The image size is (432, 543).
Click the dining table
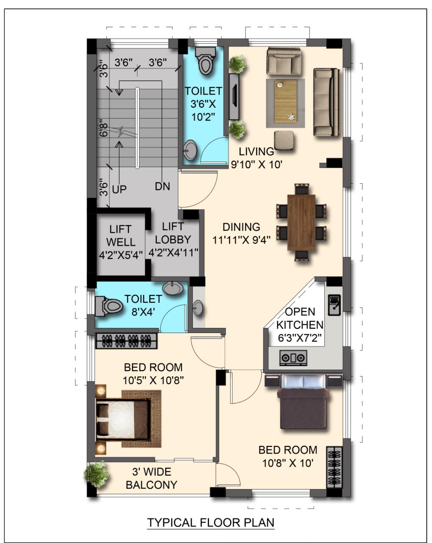pos(301,222)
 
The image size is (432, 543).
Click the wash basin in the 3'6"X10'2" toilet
pos(190,150)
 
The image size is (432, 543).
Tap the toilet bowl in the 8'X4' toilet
pos(109,306)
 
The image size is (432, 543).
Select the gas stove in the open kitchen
pos(293,358)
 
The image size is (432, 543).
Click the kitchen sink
pos(334,305)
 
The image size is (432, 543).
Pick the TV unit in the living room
pos(234,97)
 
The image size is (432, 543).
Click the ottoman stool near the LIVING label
pos(284,140)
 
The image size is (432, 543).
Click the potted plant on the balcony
pos(96,474)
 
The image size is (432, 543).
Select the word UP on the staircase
pos(119,189)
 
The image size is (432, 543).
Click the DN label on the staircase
pos(162,186)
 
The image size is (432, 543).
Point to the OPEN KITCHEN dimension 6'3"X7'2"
pos(300,338)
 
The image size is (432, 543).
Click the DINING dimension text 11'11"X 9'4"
pos(241,240)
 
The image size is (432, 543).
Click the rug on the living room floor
pos(285,103)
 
